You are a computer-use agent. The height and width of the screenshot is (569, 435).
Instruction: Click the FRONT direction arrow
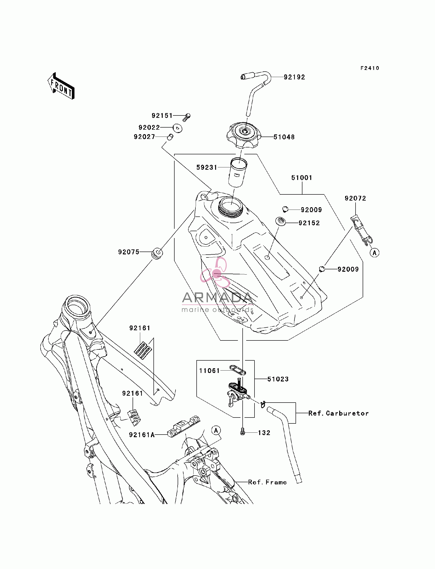(61, 86)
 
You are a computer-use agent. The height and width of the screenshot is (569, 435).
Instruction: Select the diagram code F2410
(370, 68)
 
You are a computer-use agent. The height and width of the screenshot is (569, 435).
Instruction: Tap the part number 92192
(294, 77)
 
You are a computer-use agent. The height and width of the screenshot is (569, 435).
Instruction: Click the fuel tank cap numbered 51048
(244, 135)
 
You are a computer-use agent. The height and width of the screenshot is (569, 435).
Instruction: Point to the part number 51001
(302, 178)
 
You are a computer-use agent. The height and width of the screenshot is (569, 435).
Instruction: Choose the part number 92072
(355, 198)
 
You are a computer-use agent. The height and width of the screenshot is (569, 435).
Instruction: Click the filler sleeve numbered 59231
(238, 172)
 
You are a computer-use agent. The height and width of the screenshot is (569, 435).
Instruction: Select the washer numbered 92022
(177, 128)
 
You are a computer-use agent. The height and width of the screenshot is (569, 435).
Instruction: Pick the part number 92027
(144, 137)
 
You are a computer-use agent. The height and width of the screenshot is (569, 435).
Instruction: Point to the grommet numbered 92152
(280, 221)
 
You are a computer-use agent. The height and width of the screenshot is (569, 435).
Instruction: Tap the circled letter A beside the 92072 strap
(375, 252)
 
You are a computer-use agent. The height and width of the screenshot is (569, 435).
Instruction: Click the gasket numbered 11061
(238, 370)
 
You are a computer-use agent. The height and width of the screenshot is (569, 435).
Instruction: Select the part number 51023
(278, 379)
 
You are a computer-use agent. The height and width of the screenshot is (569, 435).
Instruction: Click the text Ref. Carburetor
(338, 413)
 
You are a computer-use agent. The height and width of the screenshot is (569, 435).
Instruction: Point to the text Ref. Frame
(268, 482)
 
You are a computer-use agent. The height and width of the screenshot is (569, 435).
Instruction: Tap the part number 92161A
(142, 435)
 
